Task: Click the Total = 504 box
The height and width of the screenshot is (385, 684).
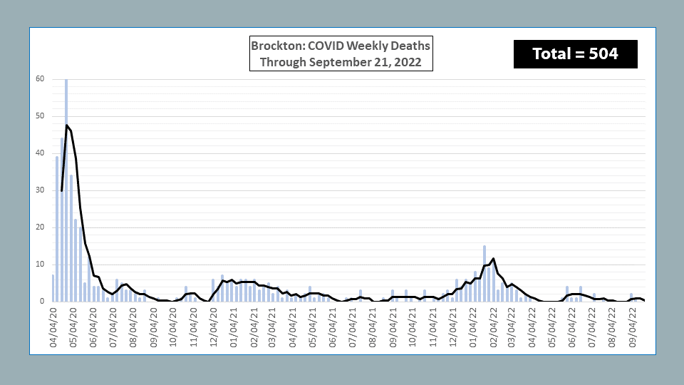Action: click(x=575, y=53)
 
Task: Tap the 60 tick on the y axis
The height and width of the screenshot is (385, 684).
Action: click(x=40, y=79)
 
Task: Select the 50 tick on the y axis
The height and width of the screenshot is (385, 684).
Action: click(x=40, y=116)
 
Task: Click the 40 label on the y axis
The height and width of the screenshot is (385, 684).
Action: click(x=40, y=153)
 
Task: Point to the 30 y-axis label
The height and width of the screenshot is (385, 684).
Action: click(x=40, y=190)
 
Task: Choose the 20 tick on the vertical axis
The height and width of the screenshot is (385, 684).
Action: click(x=40, y=227)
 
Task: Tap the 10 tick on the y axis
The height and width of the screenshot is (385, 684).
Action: click(x=40, y=265)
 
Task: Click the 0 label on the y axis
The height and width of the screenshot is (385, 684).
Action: click(x=42, y=302)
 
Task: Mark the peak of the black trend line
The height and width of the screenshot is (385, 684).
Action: click(x=66, y=125)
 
